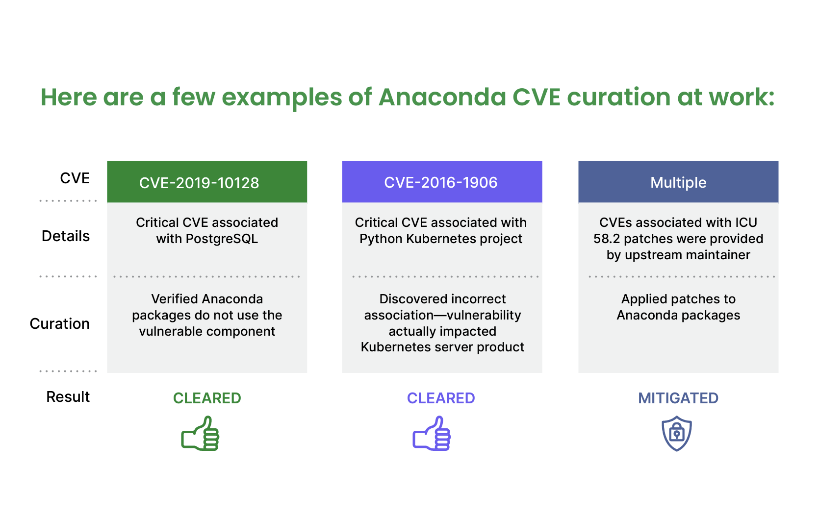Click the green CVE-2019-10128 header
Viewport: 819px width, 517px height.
(207, 182)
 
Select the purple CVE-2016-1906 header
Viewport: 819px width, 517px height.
(442, 182)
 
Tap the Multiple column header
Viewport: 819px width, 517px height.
(678, 182)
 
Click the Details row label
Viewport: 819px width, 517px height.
(66, 236)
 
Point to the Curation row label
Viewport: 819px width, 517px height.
(60, 324)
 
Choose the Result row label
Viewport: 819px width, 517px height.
(68, 397)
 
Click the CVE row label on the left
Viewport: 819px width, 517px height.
(75, 178)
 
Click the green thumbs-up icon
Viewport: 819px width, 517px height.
(201, 433)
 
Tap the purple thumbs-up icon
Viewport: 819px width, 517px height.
(432, 433)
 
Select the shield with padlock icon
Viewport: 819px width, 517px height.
(677, 434)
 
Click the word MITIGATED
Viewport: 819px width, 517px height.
(678, 398)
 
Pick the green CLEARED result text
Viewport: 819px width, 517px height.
(207, 398)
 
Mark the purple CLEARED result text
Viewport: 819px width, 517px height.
(441, 398)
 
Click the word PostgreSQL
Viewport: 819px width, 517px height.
(222, 239)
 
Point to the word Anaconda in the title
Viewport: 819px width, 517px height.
(442, 97)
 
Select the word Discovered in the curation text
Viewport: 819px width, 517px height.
(405, 299)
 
